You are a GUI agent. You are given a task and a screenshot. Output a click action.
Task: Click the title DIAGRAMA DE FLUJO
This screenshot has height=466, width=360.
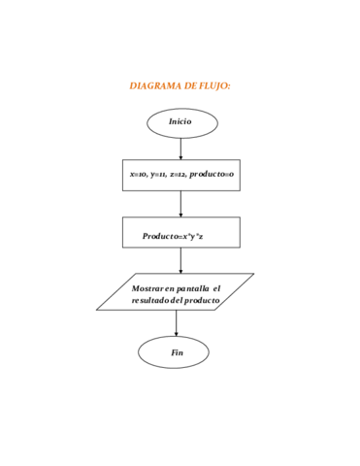click(x=180, y=86)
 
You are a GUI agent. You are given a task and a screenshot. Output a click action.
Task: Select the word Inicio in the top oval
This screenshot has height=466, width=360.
click(x=180, y=121)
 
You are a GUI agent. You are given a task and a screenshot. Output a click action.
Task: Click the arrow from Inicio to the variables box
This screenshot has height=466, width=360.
click(x=180, y=149)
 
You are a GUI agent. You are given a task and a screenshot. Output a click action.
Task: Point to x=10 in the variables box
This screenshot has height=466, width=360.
click(x=138, y=174)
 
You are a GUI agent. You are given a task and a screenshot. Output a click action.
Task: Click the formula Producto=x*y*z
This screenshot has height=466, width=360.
click(x=173, y=236)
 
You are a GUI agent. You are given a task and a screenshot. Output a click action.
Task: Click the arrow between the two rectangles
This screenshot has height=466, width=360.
click(x=180, y=204)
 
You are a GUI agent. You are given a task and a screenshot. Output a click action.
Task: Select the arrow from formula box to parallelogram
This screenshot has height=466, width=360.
click(x=180, y=260)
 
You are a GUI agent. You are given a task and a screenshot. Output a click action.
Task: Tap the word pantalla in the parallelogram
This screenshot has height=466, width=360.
click(x=193, y=288)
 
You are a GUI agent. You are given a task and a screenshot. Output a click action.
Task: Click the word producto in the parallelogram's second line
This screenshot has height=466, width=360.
click(x=202, y=301)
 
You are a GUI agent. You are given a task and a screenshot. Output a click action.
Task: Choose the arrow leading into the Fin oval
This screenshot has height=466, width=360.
click(x=177, y=323)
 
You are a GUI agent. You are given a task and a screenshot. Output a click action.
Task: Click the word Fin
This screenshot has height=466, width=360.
click(x=177, y=352)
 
